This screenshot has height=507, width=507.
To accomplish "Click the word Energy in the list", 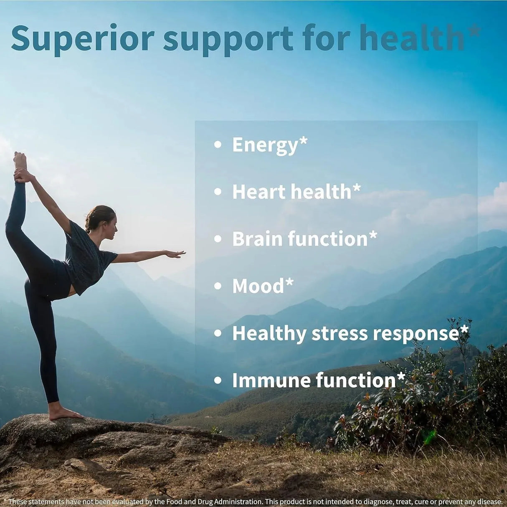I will point(264,145).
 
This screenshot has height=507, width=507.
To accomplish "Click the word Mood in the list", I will point(257,286).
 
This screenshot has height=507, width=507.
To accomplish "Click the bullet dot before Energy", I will point(217,145).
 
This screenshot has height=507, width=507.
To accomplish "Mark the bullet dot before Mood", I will point(217,286).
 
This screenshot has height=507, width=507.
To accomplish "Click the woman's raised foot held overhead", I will point(20,160).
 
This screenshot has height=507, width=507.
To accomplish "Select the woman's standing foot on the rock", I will point(65,413).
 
